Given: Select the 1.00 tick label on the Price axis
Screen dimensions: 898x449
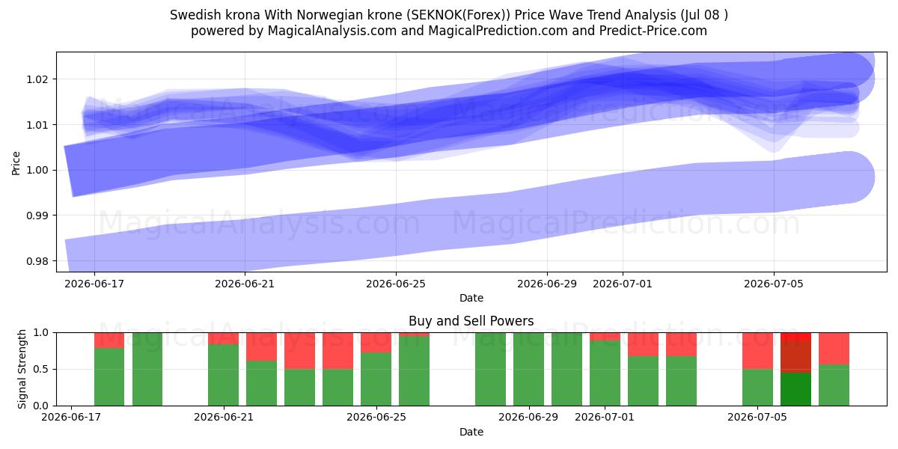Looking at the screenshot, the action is (37, 170).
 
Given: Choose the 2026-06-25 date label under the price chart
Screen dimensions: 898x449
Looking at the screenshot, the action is (396, 284).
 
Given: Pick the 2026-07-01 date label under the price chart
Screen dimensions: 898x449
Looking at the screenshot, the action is (623, 284).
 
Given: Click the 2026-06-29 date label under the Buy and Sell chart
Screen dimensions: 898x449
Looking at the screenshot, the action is (528, 417).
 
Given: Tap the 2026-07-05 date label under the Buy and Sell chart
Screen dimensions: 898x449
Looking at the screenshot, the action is (757, 417).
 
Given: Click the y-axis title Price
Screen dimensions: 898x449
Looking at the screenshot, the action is (16, 163).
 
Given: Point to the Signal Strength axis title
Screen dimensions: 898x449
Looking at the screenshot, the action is (22, 369).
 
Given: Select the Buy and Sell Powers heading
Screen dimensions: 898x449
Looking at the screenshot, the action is (471, 321).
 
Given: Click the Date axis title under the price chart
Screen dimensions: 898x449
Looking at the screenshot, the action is (471, 298).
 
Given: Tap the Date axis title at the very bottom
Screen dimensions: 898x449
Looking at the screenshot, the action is (471, 432).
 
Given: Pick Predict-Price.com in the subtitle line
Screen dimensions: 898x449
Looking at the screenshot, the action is (653, 31).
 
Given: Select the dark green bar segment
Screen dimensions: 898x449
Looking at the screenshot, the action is (795, 389).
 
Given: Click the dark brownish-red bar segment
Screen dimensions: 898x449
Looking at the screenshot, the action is (795, 356).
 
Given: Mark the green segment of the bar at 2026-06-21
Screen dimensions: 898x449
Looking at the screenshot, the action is (223, 375).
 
